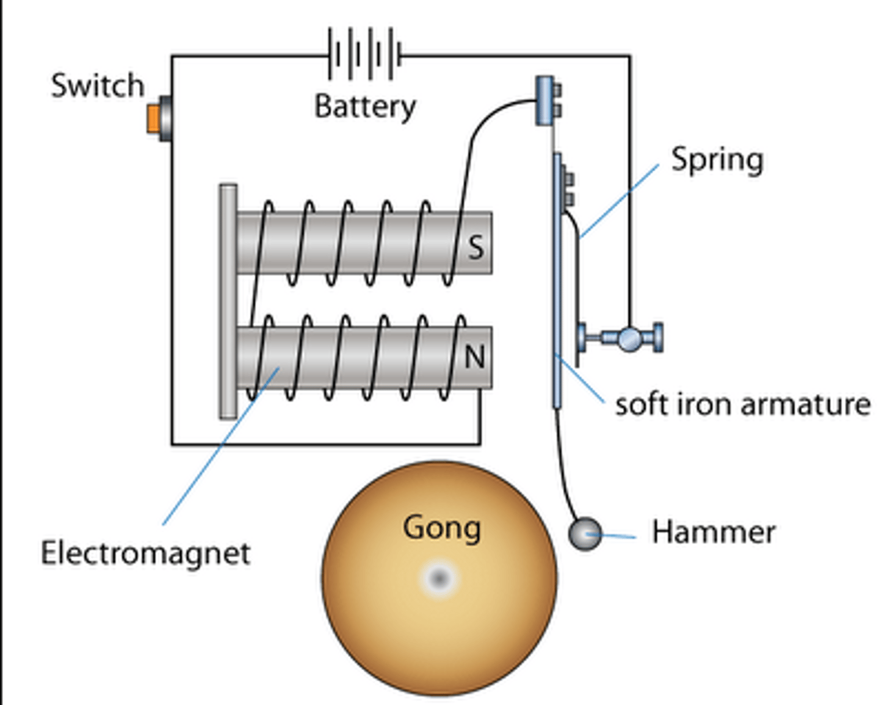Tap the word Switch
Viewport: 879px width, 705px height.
coord(98,85)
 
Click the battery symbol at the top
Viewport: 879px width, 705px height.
coord(364,55)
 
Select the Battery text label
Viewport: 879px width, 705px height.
coord(365,107)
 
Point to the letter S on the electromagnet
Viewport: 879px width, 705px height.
coord(476,247)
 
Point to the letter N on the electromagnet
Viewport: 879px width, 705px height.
coord(475,357)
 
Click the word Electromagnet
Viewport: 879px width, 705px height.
coord(145,554)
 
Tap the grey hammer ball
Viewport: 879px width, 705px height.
coord(585,534)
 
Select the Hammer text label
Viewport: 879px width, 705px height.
coord(713,532)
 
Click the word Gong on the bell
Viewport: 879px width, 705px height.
coord(441,528)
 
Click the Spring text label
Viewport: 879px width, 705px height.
coord(717,160)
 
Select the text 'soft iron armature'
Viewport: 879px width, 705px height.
coord(742,404)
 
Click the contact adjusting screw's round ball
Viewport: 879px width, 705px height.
coord(630,338)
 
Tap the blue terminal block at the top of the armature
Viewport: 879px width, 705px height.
coord(545,101)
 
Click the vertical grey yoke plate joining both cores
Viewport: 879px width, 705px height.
coord(228,302)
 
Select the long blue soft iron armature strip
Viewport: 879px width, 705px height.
coord(557,281)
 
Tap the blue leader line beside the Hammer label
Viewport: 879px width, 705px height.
coord(617,537)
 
